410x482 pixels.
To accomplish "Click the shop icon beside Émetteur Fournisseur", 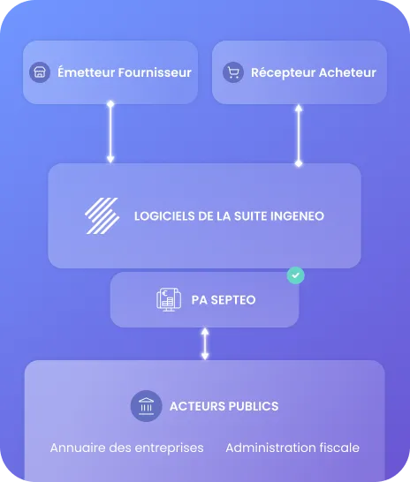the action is click(40, 72).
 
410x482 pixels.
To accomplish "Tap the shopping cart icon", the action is click(233, 72).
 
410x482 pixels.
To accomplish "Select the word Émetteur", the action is click(86, 72).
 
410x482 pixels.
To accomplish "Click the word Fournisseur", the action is click(155, 72).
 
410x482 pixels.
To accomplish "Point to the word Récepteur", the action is click(283, 73).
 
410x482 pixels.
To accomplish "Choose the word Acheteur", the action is click(347, 72).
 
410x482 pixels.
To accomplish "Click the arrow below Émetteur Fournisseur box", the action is click(110, 132).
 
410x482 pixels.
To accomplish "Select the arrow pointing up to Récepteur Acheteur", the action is click(299, 136).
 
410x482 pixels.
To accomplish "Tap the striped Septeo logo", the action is click(102, 215).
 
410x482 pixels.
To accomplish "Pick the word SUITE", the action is click(250, 216).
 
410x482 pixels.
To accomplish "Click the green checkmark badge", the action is click(296, 275).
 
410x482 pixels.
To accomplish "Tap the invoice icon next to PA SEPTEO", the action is click(169, 300).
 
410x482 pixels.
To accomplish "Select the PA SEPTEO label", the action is click(224, 300).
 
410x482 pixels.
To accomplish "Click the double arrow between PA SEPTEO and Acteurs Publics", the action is click(205, 343).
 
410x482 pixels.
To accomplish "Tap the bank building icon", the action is click(146, 406).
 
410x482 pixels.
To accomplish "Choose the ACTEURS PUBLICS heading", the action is click(224, 406).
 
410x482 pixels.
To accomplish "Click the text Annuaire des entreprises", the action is click(126, 448).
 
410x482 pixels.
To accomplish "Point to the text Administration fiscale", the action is click(292, 448).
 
